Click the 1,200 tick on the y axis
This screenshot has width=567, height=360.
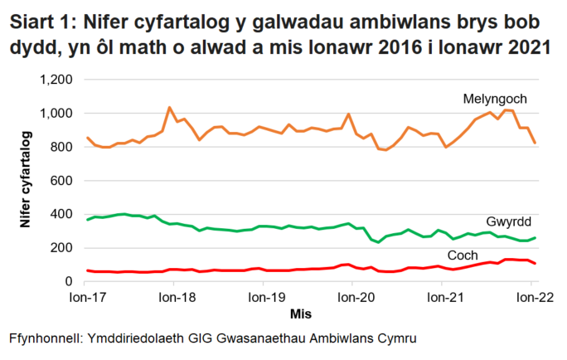[x=57, y=80]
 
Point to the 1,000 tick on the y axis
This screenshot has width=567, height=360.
[x=57, y=114]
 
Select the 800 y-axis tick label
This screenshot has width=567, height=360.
[x=62, y=148]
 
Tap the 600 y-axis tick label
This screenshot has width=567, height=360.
[x=62, y=181]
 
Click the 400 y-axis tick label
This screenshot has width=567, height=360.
[x=62, y=215]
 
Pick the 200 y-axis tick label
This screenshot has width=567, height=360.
[x=62, y=248]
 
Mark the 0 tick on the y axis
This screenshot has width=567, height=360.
[x=70, y=282]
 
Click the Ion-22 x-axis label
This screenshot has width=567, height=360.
[x=531, y=296]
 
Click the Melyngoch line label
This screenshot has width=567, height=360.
[x=495, y=100]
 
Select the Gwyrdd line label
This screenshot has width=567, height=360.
[x=510, y=223]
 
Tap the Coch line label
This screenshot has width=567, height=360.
[x=463, y=255]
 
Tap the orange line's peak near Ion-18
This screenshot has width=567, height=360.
[x=169, y=107]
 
